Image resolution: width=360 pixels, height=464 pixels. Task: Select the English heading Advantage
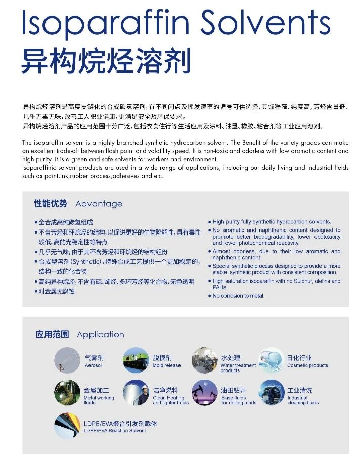pyautogui.click(x=99, y=204)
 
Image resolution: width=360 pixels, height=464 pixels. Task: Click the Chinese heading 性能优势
pyautogui.click(x=51, y=204)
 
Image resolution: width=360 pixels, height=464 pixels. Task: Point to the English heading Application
pyautogui.click(x=100, y=335)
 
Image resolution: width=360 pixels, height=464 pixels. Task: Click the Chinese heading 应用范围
pyautogui.click(x=52, y=335)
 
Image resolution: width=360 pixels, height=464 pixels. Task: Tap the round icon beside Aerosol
pyautogui.click(x=67, y=360)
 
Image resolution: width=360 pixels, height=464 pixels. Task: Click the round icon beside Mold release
pyautogui.click(x=135, y=360)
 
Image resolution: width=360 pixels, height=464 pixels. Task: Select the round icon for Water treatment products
pyautogui.click(x=204, y=360)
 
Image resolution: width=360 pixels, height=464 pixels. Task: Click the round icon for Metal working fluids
pyautogui.click(x=67, y=393)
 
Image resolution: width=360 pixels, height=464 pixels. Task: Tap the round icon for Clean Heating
pyautogui.click(x=135, y=393)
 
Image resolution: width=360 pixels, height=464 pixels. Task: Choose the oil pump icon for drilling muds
pyautogui.click(x=204, y=393)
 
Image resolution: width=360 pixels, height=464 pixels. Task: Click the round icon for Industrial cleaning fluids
pyautogui.click(x=272, y=393)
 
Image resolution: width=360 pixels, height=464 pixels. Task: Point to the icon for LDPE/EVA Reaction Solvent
pyautogui.click(x=67, y=426)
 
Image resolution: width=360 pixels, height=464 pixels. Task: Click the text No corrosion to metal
pyautogui.click(x=239, y=296)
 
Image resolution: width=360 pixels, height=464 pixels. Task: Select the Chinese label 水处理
pyautogui.click(x=230, y=358)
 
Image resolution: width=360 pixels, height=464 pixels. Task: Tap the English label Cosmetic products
pyautogui.click(x=307, y=365)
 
